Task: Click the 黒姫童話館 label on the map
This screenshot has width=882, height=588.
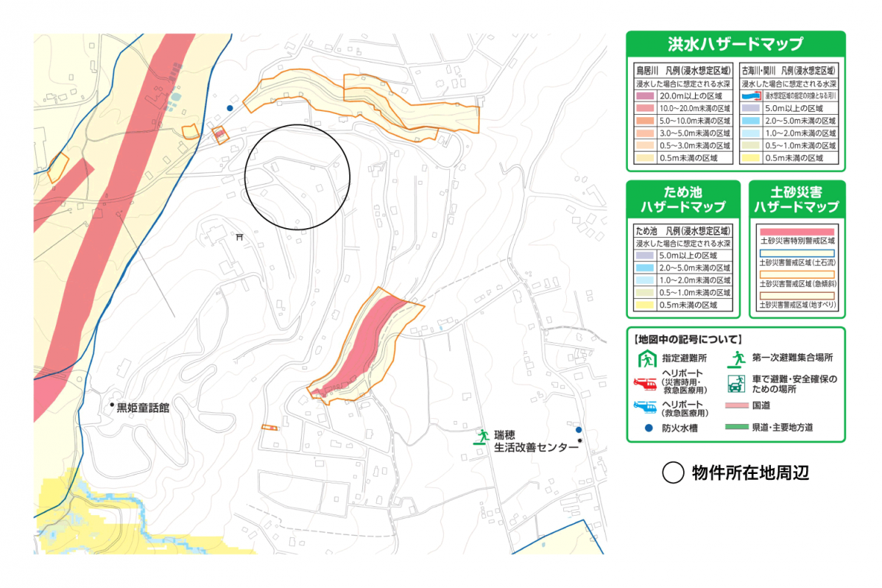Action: tap(143, 407)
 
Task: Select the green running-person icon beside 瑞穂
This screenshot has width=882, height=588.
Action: tap(482, 436)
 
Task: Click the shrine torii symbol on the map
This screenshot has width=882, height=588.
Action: tap(239, 237)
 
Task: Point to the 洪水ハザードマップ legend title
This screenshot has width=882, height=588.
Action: tap(735, 44)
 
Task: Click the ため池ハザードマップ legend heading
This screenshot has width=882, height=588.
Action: tap(683, 199)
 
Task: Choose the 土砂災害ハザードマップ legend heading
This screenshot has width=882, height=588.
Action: tap(797, 199)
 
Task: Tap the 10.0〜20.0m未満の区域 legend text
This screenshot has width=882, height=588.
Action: tap(696, 108)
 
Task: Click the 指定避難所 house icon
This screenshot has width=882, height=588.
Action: tap(646, 359)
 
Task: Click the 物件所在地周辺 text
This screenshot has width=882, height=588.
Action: tap(749, 473)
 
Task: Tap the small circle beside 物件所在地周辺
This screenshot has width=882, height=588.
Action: tap(673, 473)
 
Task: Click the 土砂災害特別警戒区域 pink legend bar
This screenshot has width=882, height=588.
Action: tap(797, 231)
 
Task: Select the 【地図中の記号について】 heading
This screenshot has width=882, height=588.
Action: tap(687, 339)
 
